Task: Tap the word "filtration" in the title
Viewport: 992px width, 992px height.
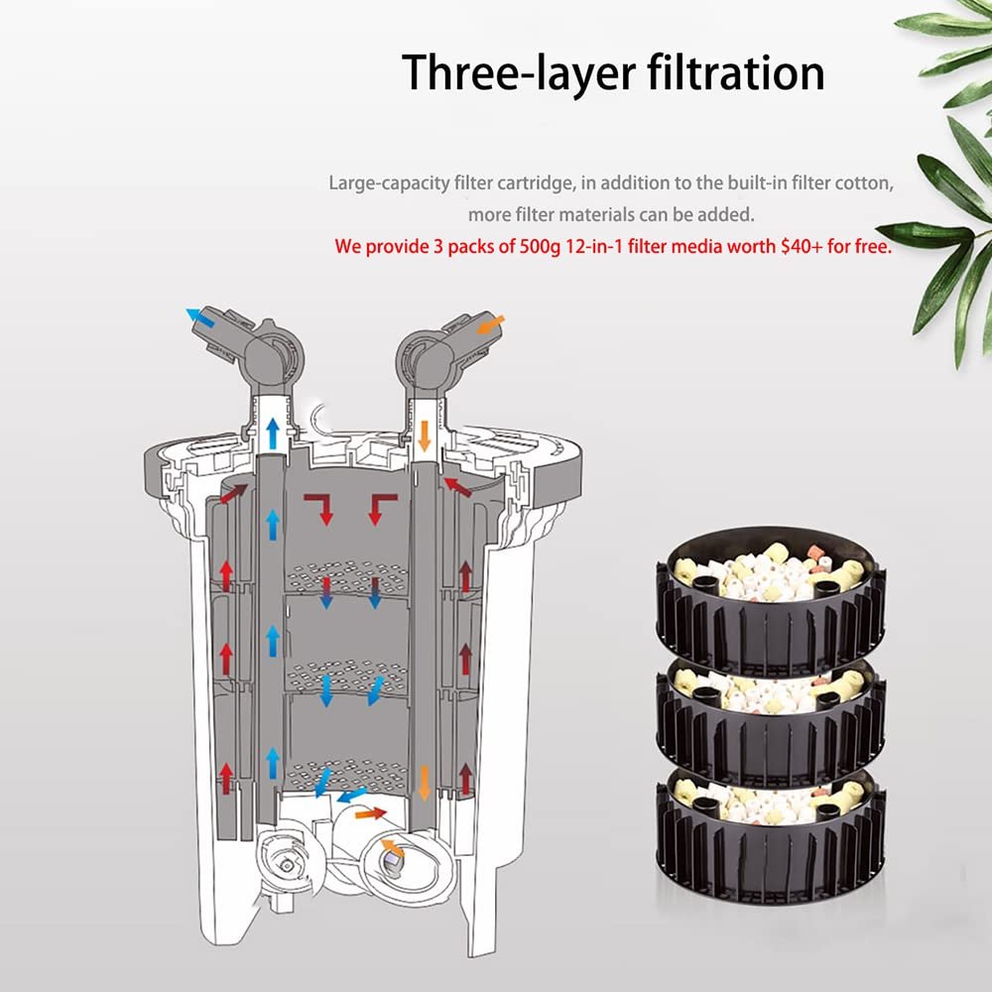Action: coord(736,72)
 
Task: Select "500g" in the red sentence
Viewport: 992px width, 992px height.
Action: coord(540,247)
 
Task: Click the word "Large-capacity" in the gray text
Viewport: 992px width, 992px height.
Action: coord(390,184)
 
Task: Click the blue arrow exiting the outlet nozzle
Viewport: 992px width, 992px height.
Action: coord(200,317)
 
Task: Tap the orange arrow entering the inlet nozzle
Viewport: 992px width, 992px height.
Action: coord(490,324)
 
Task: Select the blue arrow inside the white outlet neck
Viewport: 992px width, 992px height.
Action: coord(273,434)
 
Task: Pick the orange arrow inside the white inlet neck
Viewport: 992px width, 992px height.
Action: coord(425,435)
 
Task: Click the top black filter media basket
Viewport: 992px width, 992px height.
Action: coord(770,598)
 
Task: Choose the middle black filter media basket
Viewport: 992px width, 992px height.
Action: coord(770,718)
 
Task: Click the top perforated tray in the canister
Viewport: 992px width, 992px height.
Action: coord(346,576)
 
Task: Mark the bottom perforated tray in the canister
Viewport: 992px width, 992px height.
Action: coord(346,771)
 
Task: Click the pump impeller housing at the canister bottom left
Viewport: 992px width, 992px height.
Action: coord(288,858)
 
